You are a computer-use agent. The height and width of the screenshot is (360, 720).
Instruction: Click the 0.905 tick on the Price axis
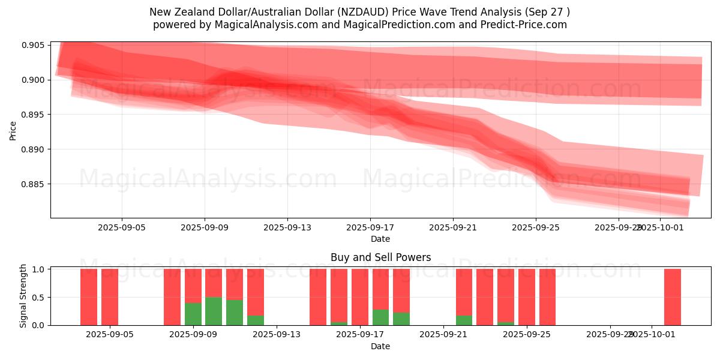click(34, 45)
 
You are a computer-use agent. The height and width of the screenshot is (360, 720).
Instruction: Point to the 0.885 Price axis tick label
click(34, 184)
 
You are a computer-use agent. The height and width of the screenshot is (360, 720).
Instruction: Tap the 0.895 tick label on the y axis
click(34, 115)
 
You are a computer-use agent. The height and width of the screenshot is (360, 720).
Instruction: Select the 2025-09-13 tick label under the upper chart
click(287, 228)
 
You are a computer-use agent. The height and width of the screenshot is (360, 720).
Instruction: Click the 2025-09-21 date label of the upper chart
click(452, 228)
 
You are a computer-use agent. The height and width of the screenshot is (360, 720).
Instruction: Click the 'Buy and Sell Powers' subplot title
click(380, 257)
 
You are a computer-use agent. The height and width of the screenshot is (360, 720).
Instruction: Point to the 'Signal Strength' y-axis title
click(23, 296)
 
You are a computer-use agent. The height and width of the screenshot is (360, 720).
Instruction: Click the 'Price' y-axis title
click(13, 130)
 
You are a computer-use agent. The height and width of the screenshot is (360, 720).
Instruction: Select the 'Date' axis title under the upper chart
click(380, 239)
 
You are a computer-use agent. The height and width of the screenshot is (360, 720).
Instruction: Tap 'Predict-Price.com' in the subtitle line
click(519, 25)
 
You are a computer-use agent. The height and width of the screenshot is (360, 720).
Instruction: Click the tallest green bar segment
click(214, 311)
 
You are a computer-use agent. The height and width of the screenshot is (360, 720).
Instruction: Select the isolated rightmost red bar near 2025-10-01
click(672, 297)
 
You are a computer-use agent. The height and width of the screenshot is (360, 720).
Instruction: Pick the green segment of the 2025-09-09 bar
click(193, 314)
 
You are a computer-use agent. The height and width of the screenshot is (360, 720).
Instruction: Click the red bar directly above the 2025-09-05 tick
click(110, 297)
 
